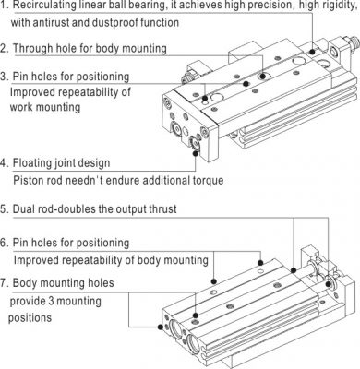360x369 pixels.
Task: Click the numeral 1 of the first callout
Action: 4,5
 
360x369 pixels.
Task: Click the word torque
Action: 208,180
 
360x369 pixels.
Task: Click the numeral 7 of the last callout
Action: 4,282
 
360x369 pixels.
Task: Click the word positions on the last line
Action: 30,317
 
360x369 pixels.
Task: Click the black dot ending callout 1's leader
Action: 312,52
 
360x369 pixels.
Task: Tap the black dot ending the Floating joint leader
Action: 195,153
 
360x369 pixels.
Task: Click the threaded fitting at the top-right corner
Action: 353,42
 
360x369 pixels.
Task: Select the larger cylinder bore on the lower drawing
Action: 194,342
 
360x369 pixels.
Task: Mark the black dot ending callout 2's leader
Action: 262,76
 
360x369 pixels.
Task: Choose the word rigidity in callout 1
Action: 338,6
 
